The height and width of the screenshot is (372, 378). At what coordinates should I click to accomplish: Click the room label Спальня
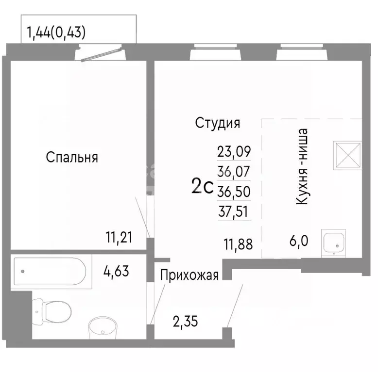[x=72, y=157]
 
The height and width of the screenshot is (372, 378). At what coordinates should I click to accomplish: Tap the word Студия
[x=218, y=123]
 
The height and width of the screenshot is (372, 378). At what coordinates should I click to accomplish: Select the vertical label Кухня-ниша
[x=303, y=166]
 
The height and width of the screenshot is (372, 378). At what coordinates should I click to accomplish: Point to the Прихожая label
[x=189, y=275]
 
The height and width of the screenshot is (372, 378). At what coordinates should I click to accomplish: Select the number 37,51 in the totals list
[x=234, y=210]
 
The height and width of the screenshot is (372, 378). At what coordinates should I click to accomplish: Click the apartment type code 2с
[x=203, y=186]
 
